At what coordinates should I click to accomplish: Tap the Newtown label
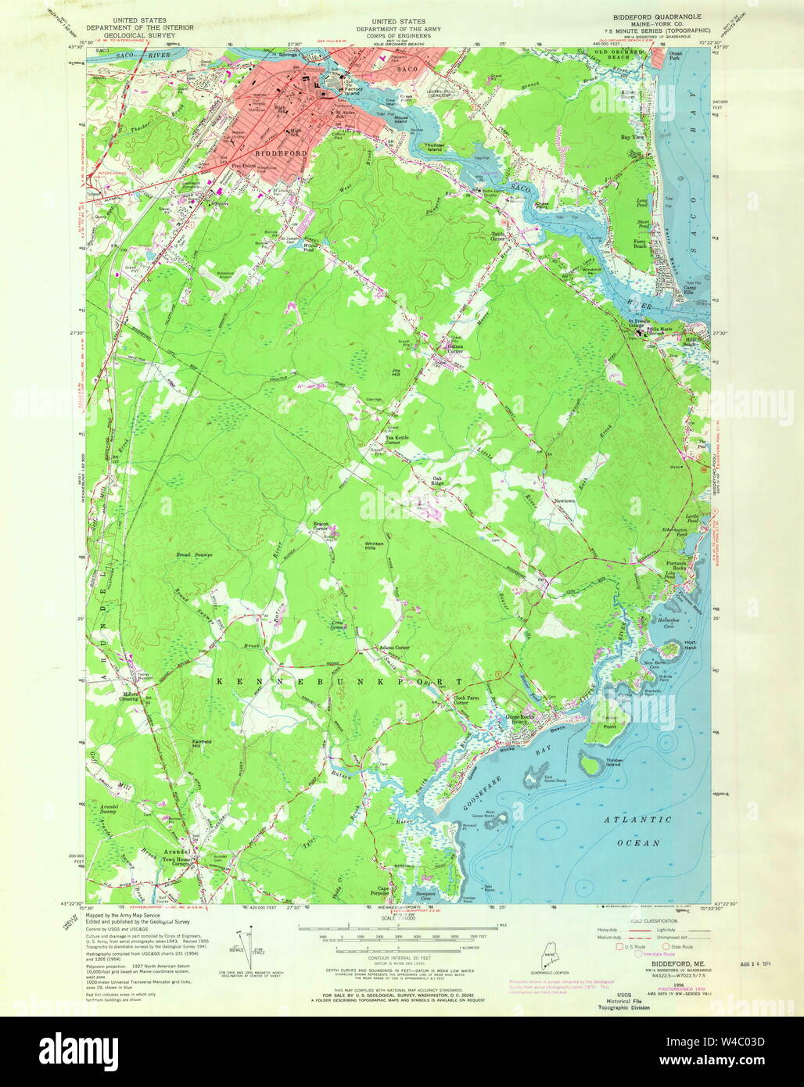pyautogui.click(x=564, y=500)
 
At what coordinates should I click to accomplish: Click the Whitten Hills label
pyautogui.click(x=374, y=546)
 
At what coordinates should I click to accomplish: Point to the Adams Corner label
pyautogui.click(x=394, y=648)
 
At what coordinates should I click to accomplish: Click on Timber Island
pyautogui.click(x=600, y=764)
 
